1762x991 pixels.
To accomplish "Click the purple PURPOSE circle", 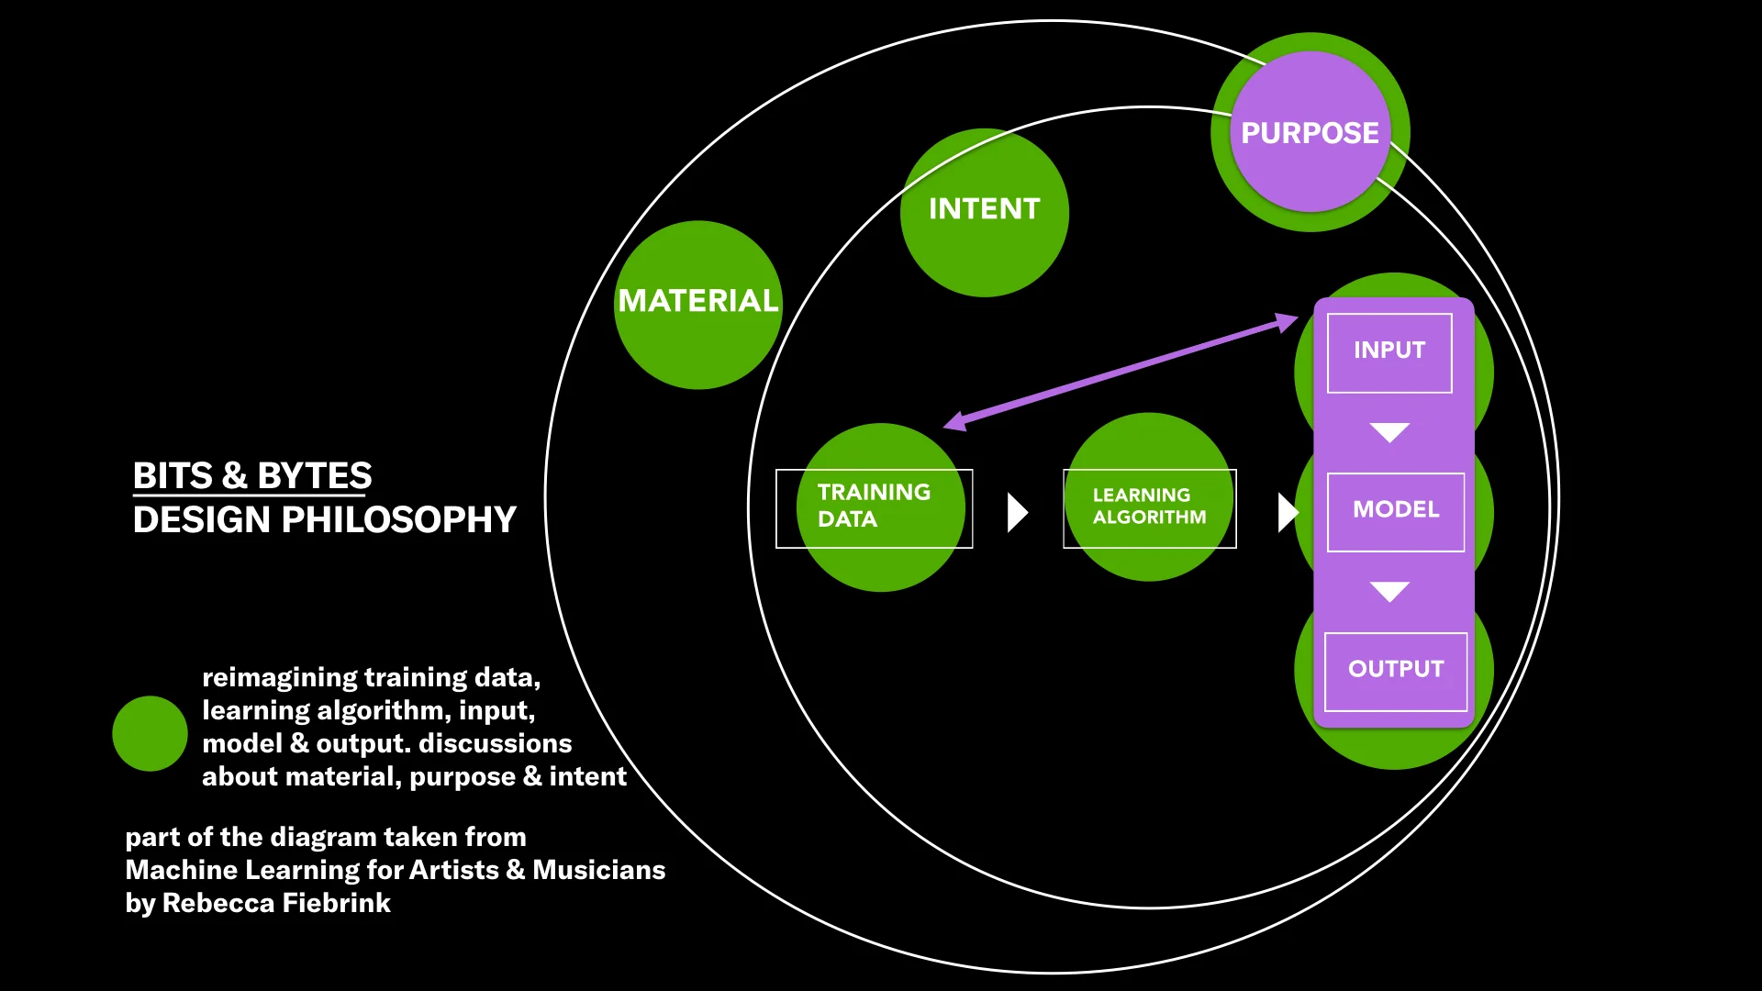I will [x=1310, y=132].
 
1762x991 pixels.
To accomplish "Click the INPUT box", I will [x=1389, y=352].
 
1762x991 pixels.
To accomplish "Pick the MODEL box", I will [x=1395, y=511].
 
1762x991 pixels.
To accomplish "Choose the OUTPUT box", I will [x=1395, y=671].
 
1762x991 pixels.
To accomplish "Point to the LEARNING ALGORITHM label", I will [x=1149, y=507].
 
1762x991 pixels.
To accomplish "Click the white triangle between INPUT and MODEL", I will [x=1389, y=431].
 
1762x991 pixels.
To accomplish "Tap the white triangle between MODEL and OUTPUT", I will [x=1389, y=590].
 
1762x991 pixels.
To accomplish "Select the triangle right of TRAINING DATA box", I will [x=1016, y=512].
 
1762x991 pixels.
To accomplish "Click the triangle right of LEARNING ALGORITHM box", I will [x=1287, y=512].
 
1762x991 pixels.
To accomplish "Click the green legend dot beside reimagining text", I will [x=150, y=733].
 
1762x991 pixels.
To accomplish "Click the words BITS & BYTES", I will [x=252, y=475].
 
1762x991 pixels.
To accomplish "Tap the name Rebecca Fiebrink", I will [x=276, y=903].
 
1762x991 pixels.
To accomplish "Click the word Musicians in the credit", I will [x=598, y=870].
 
